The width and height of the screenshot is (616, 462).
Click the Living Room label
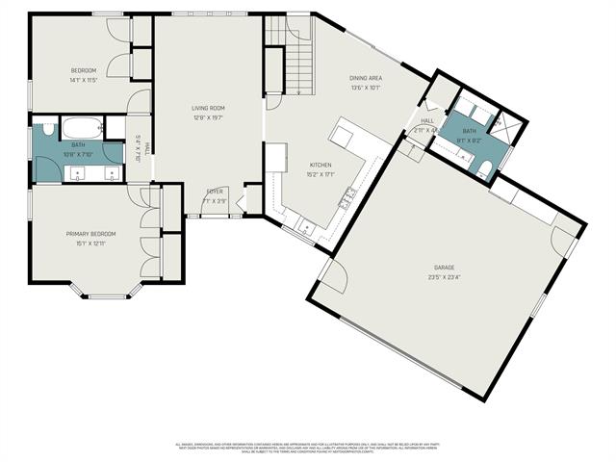point(208,109)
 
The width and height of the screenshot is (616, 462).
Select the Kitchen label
point(321,165)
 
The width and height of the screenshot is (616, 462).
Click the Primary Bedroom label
point(90,234)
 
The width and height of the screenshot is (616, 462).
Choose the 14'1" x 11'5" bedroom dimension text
point(85,79)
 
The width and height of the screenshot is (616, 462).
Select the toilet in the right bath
point(485,170)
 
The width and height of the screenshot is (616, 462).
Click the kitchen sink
point(307,228)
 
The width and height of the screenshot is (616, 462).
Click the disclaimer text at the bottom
point(308,448)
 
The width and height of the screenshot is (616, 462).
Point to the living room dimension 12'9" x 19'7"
point(208,117)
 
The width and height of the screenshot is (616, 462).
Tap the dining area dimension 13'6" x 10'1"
point(366,87)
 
